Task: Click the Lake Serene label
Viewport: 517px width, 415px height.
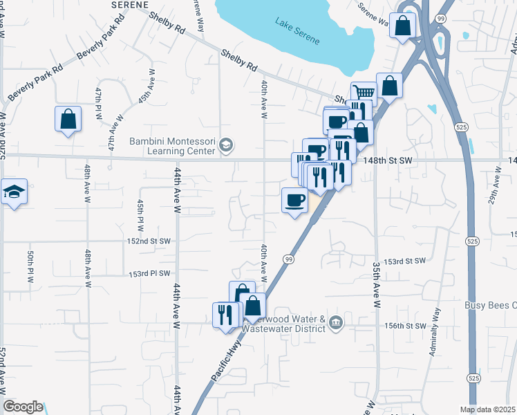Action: click(298, 31)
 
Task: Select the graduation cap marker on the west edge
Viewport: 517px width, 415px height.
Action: click(13, 192)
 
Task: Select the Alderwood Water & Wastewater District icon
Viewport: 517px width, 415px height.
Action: click(336, 323)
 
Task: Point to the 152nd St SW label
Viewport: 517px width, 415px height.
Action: click(149, 241)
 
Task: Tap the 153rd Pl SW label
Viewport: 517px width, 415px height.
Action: click(149, 274)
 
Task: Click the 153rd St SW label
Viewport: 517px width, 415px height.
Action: click(404, 261)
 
